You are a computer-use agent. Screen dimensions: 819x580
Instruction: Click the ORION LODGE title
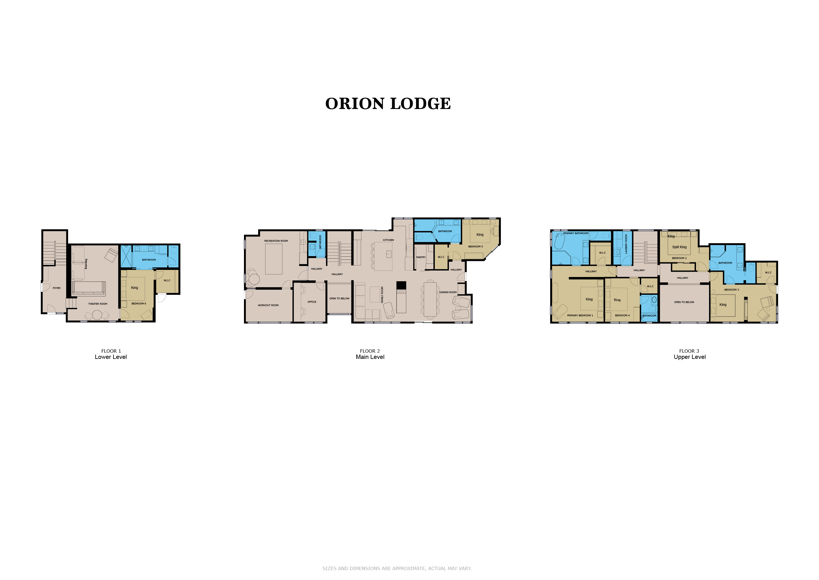[388, 104]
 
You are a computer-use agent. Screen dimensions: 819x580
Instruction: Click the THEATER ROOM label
[98, 304]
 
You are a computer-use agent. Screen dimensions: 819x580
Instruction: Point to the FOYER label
[57, 288]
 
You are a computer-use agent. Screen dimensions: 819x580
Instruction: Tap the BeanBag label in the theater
[86, 264]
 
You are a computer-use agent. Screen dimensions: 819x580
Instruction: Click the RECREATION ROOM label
[276, 241]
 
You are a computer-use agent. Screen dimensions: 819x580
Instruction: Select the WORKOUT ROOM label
[268, 305]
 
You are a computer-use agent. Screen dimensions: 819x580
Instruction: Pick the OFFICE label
[312, 302]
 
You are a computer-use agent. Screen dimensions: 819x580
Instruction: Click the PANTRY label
[421, 257]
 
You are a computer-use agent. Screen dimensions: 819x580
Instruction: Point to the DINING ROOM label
[448, 292]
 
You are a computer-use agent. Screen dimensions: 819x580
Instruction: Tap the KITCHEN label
[388, 240]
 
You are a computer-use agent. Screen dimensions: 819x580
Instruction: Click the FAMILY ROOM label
[382, 295]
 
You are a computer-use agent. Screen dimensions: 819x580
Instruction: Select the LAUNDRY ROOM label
[626, 244]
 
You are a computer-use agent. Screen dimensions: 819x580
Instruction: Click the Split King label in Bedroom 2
[679, 247]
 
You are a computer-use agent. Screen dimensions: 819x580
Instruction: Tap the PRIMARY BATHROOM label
[576, 233]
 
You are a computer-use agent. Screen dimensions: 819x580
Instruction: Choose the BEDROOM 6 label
[139, 304]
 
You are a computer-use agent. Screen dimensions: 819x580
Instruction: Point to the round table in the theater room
[97, 315]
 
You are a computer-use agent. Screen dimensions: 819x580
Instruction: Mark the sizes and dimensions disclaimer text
[397, 569]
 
